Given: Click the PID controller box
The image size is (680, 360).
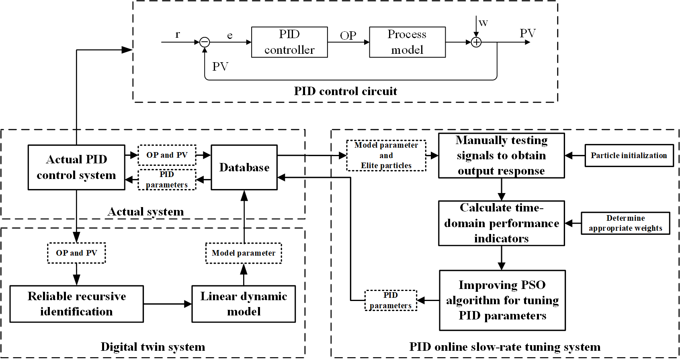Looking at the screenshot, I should click(x=289, y=42).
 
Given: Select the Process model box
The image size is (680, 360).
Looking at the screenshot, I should click(x=407, y=42).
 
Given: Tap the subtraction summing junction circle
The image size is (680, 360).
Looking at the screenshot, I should click(x=205, y=42).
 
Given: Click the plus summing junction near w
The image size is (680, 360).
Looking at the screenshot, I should click(x=476, y=42).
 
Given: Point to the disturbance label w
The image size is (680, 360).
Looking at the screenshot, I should click(x=483, y=23).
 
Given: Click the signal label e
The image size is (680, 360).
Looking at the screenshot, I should click(x=230, y=35).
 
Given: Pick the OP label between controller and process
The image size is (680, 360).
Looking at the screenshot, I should click(x=348, y=36).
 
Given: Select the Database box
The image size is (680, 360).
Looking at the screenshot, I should click(x=244, y=167).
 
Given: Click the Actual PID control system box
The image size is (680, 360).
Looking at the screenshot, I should click(x=76, y=167).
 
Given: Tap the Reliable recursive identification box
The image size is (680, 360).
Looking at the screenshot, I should click(x=76, y=304).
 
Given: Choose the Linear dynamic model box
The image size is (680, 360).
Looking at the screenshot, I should click(x=244, y=304).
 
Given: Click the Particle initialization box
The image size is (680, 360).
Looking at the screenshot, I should click(x=629, y=155).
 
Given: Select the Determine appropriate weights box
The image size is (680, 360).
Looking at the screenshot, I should click(x=625, y=223).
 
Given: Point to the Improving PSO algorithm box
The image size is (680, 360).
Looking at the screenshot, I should click(x=502, y=300).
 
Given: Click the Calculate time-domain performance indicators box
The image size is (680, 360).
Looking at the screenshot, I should click(x=501, y=223).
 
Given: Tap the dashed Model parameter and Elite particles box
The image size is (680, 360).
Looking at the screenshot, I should click(x=386, y=155).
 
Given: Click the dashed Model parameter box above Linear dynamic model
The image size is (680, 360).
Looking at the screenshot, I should click(x=244, y=253).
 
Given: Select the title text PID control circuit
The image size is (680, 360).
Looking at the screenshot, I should click(x=345, y=91).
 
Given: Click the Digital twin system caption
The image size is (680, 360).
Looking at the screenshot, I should click(x=153, y=347).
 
